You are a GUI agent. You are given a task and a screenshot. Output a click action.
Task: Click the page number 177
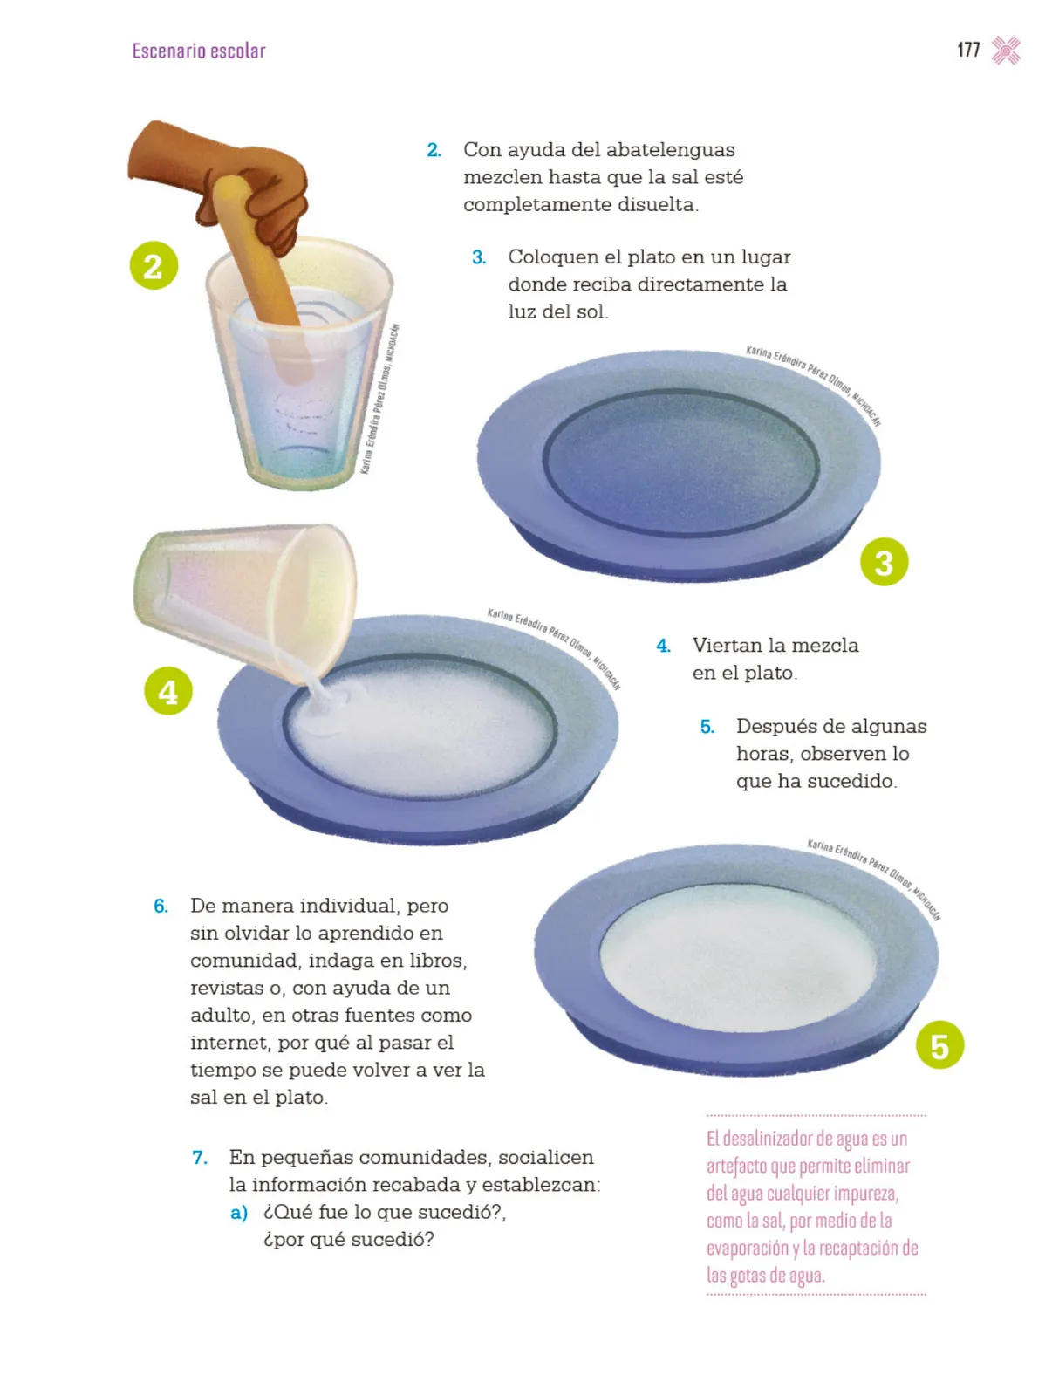click(968, 51)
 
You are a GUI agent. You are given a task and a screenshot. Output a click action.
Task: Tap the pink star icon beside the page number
click(1006, 51)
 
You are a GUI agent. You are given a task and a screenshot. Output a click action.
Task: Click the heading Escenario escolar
click(198, 51)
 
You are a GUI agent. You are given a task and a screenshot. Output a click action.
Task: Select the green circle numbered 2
click(154, 265)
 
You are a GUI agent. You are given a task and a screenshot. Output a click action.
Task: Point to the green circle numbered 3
click(884, 562)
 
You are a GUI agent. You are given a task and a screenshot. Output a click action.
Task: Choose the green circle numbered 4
click(167, 691)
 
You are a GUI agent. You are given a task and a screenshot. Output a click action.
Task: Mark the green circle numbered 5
click(939, 1044)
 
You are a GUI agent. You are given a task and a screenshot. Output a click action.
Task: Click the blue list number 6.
click(161, 906)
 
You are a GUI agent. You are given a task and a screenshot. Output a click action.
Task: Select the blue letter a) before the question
click(238, 1213)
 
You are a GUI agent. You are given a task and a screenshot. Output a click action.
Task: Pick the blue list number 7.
click(200, 1157)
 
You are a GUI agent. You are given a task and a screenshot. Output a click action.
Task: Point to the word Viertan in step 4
click(728, 645)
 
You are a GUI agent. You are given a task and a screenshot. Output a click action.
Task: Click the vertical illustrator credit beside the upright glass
click(379, 399)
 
